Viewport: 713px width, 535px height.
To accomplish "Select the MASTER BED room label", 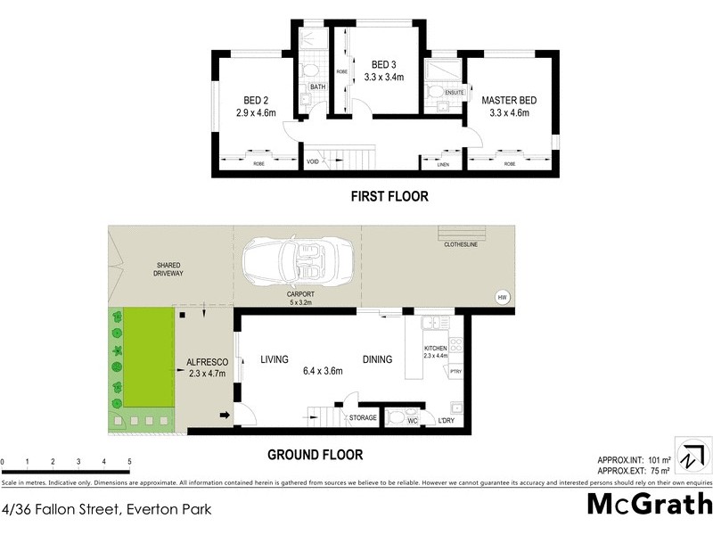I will click(505, 100).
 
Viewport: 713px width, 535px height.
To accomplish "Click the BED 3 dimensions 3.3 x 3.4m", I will click(384, 78).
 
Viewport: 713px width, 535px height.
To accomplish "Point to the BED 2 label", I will click(258, 100).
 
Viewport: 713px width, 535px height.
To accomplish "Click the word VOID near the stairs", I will click(313, 162).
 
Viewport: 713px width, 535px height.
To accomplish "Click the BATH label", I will click(317, 86).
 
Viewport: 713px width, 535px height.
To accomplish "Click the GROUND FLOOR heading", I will click(316, 455).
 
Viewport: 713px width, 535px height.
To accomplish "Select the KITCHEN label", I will click(436, 348).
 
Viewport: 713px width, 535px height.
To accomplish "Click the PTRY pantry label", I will click(455, 371).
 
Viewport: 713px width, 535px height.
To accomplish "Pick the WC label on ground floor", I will click(413, 420).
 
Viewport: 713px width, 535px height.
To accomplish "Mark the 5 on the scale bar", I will click(130, 462).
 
